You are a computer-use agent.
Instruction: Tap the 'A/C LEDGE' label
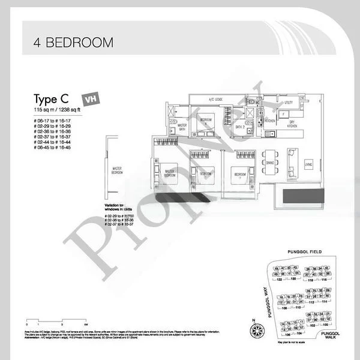pos(216,99)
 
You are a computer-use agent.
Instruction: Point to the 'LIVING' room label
pos(308,163)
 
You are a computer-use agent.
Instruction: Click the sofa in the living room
pos(292,160)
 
